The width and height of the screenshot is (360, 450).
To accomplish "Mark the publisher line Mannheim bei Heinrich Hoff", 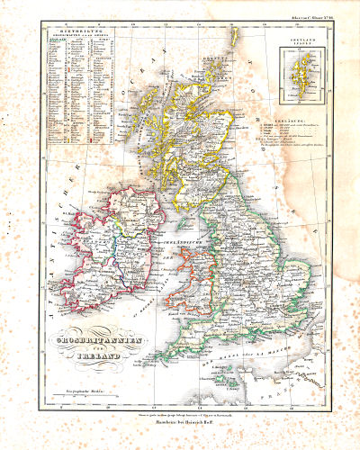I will click(181, 421).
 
